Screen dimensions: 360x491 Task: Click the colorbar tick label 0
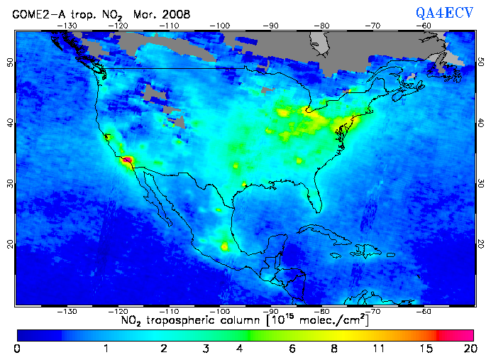[16, 349]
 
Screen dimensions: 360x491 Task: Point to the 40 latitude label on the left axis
[9, 122]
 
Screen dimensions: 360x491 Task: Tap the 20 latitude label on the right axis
[481, 244]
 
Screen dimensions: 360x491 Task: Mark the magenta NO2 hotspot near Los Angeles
[128, 162]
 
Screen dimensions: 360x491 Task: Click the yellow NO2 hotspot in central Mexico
[226, 247]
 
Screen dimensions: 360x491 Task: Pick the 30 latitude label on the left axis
[9, 182]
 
